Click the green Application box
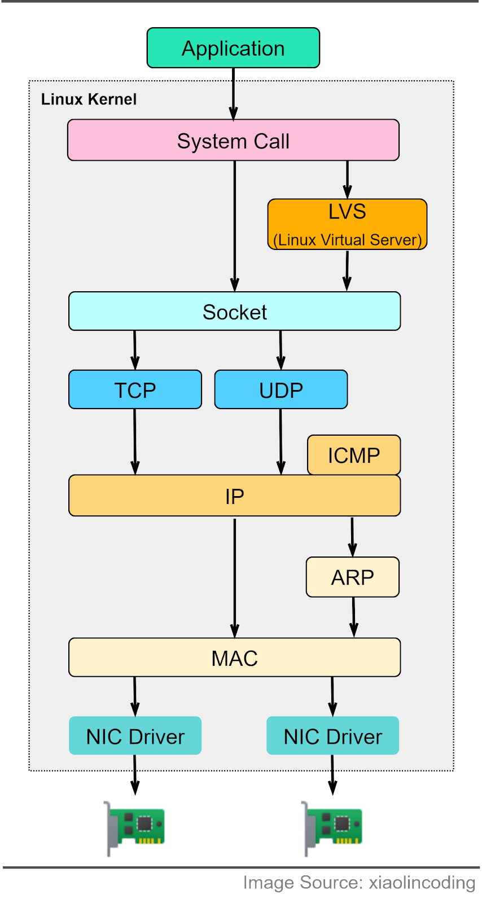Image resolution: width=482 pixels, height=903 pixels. pyautogui.click(x=233, y=48)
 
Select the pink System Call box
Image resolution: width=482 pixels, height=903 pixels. pyautogui.click(x=233, y=141)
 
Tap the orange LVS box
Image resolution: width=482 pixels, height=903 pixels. pyautogui.click(x=347, y=225)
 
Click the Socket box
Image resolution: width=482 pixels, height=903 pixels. pyautogui.click(x=234, y=312)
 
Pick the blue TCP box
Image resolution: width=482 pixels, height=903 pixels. pyautogui.click(x=135, y=390)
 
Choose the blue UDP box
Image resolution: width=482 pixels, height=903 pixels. pyautogui.click(x=281, y=390)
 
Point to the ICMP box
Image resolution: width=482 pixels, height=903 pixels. pyautogui.click(x=354, y=455)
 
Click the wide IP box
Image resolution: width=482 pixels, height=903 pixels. pyautogui.click(x=234, y=496)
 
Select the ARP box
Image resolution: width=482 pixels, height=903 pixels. pyautogui.click(x=353, y=577)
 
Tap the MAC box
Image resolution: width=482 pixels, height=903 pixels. pyautogui.click(x=234, y=658)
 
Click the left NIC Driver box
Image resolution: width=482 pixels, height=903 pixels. pyautogui.click(x=135, y=736)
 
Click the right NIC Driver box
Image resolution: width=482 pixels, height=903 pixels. pyautogui.click(x=333, y=736)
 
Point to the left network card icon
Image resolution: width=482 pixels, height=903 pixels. pyautogui.click(x=135, y=827)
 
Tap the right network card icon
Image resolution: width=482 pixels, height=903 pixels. pyautogui.click(x=333, y=827)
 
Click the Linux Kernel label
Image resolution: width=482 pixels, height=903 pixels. pyautogui.click(x=89, y=99)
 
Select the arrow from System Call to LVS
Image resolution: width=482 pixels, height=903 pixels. pyautogui.click(x=348, y=179)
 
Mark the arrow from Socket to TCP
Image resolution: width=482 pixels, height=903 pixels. pyautogui.click(x=135, y=350)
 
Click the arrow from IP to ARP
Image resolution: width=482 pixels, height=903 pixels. pyautogui.click(x=352, y=537)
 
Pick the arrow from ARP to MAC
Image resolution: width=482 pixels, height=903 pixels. pyautogui.click(x=354, y=617)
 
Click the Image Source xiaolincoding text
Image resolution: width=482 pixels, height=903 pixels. pyautogui.click(x=360, y=883)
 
